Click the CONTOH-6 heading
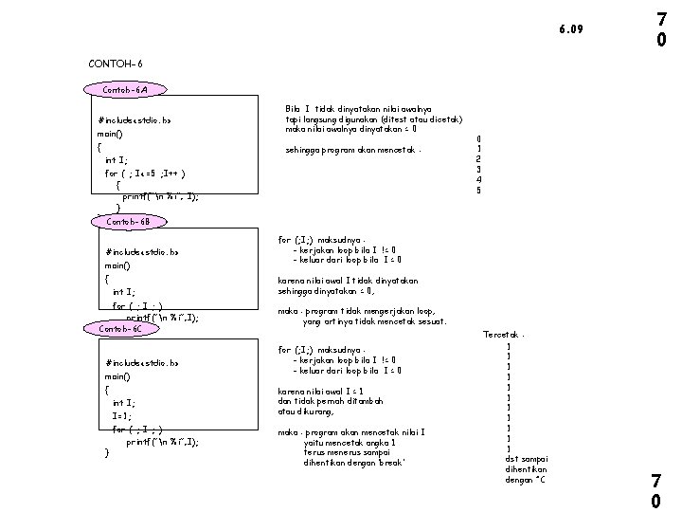tap(115, 64)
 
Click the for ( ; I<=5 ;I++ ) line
tap(144, 174)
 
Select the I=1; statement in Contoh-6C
tap(121, 415)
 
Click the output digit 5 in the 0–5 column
tap(479, 190)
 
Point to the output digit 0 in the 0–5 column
tap(479, 137)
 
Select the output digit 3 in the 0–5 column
tap(479, 169)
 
